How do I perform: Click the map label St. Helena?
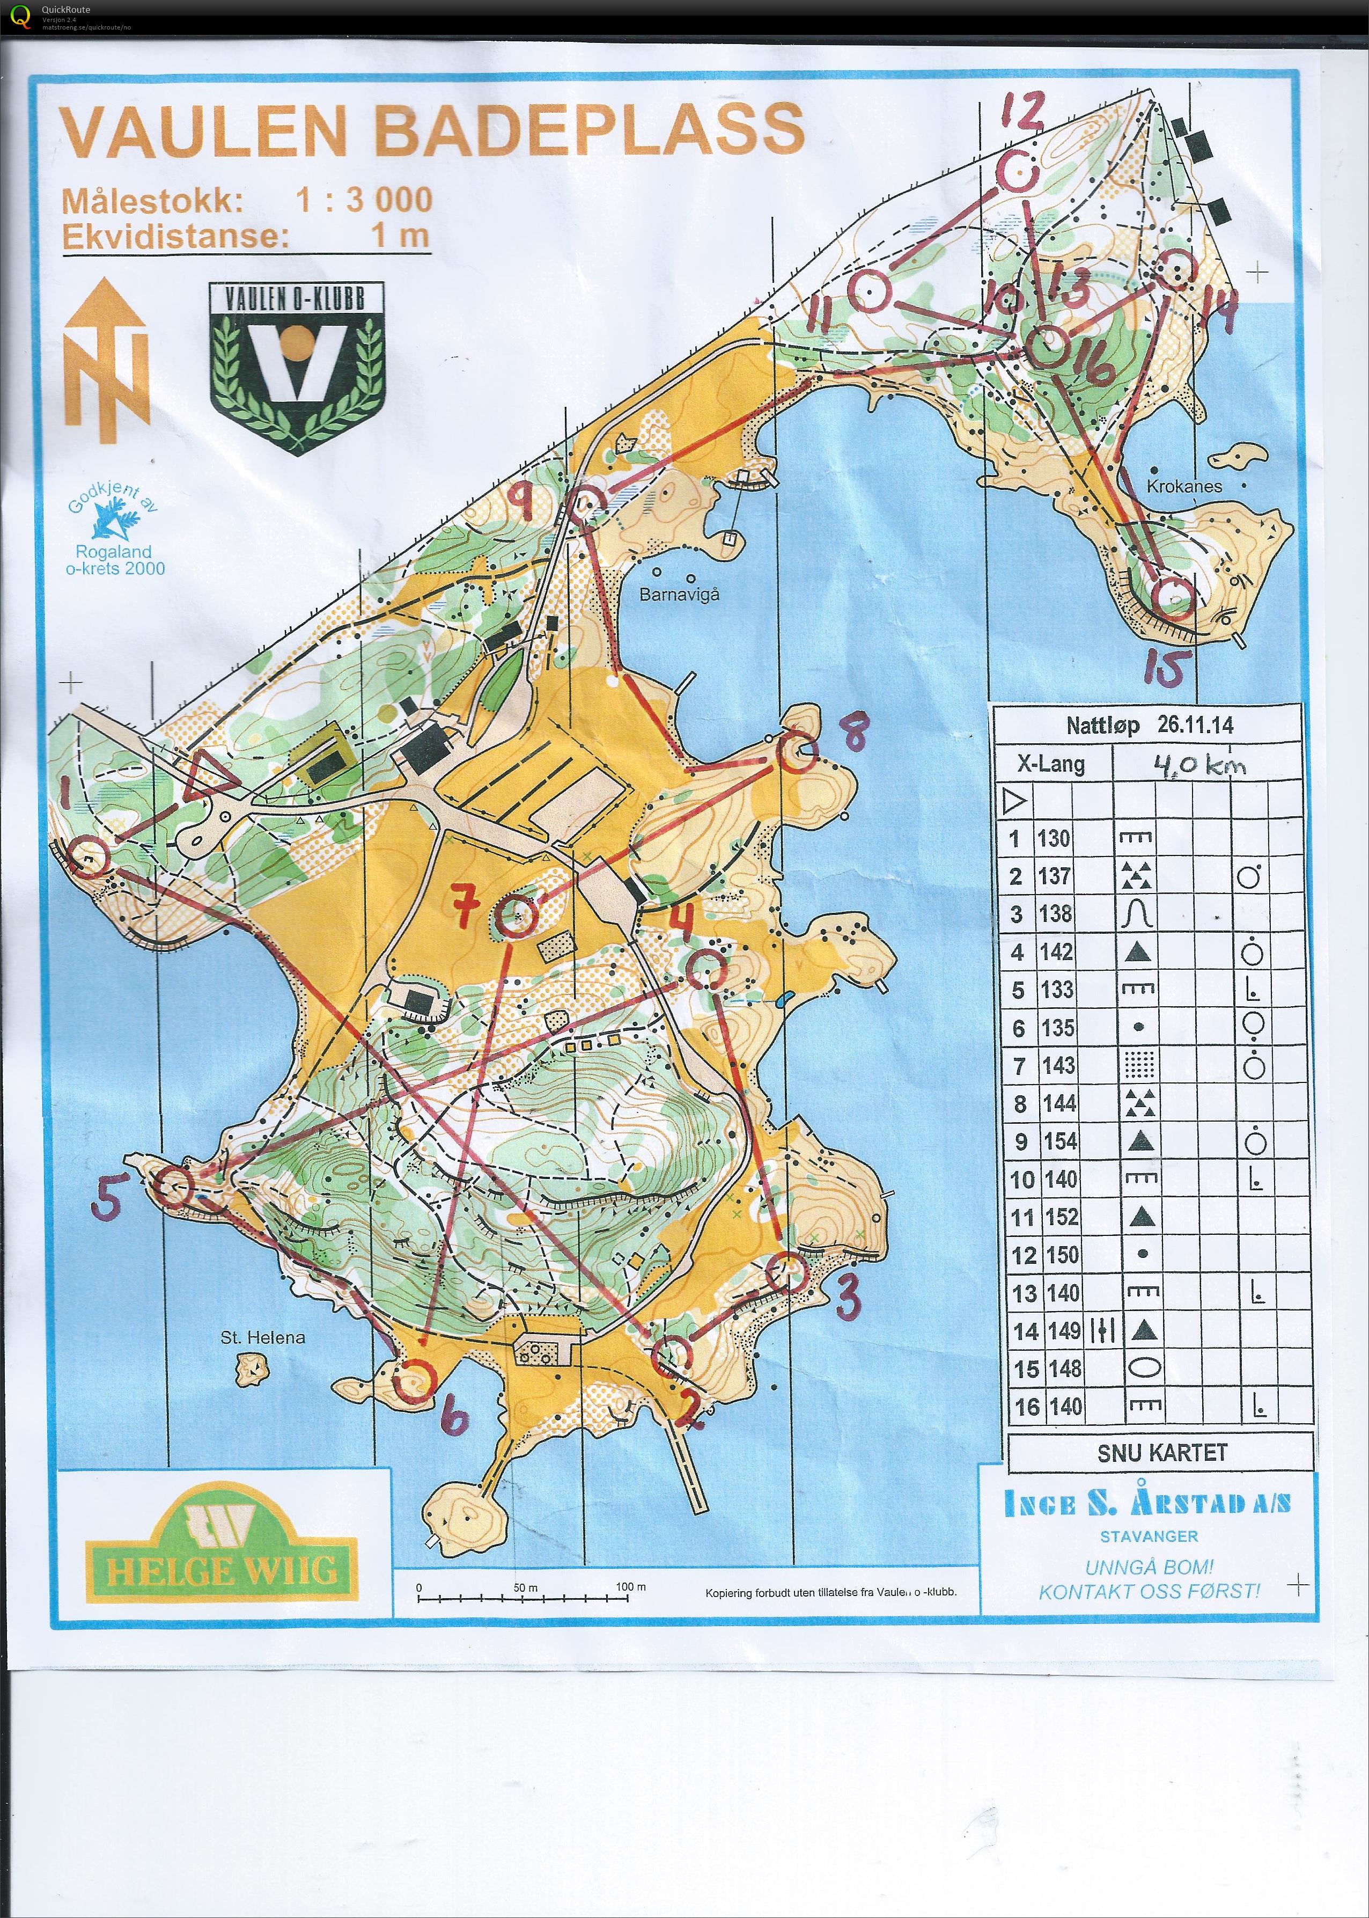262,1337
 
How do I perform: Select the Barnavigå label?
680,595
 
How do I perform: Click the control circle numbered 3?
786,1270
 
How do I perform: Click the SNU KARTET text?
1161,1453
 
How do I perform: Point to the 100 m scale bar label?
630,1587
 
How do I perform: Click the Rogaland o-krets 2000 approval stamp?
114,536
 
